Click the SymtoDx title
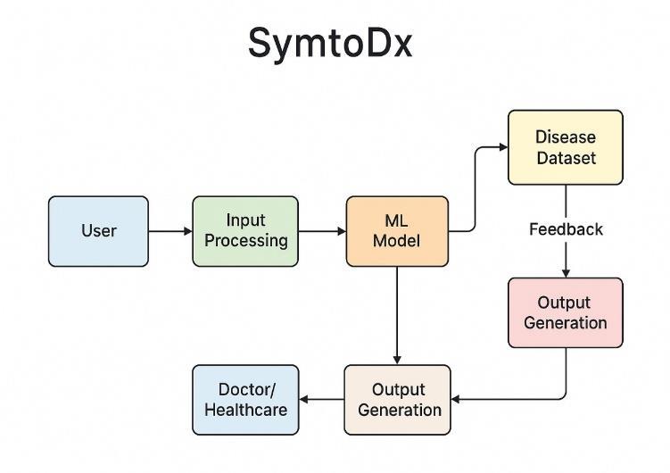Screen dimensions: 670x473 click(x=330, y=43)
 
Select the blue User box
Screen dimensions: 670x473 click(x=98, y=231)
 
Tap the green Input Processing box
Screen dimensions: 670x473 click(x=245, y=231)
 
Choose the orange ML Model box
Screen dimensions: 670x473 click(x=397, y=231)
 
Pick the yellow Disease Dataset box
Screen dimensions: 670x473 click(x=566, y=147)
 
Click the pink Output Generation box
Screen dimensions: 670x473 click(x=566, y=312)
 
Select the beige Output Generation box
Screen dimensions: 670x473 click(x=397, y=400)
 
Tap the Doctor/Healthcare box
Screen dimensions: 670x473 click(x=245, y=400)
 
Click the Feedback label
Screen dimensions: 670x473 click(x=566, y=229)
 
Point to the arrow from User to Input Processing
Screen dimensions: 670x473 click(x=170, y=231)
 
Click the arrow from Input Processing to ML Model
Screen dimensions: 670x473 click(x=322, y=231)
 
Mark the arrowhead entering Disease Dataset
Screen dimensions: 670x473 click(x=504, y=147)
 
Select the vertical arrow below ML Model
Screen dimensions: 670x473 click(x=397, y=315)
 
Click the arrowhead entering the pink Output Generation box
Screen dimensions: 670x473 click(x=566, y=273)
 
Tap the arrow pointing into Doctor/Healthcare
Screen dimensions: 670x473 click(x=321, y=400)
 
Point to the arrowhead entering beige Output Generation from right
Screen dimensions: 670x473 click(x=456, y=400)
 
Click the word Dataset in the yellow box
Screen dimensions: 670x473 click(x=567, y=158)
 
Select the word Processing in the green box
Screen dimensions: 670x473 click(x=245, y=241)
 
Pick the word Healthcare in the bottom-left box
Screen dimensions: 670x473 click(x=245, y=410)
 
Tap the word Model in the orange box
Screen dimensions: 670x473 click(x=396, y=241)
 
